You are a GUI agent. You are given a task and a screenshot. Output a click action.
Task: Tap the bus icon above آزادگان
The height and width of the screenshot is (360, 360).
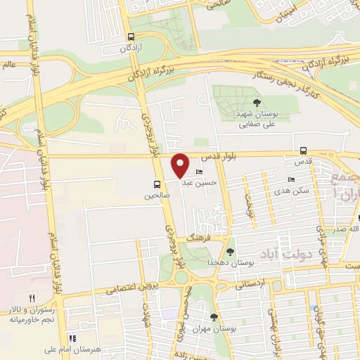point(131,37)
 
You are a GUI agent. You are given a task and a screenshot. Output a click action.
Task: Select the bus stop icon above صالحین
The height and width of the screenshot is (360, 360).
point(156,186)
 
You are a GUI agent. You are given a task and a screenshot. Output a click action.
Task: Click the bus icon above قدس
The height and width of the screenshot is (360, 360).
point(303,150)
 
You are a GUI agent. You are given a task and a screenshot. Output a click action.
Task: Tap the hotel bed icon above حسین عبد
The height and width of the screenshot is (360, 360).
point(199,172)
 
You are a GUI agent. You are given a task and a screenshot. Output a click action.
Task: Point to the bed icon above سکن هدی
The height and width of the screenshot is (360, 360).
point(291,180)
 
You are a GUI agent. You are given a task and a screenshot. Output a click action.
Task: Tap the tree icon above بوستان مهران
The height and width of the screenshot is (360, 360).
point(214,317)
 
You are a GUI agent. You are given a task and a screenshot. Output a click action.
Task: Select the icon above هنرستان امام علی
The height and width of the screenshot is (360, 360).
point(72,337)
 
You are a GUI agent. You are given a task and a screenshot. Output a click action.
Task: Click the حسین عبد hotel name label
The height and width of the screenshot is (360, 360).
point(197,182)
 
